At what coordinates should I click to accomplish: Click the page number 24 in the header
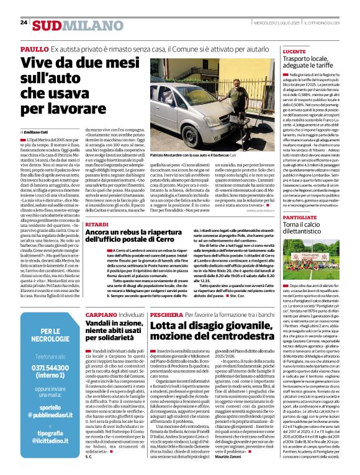click(x=24, y=22)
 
